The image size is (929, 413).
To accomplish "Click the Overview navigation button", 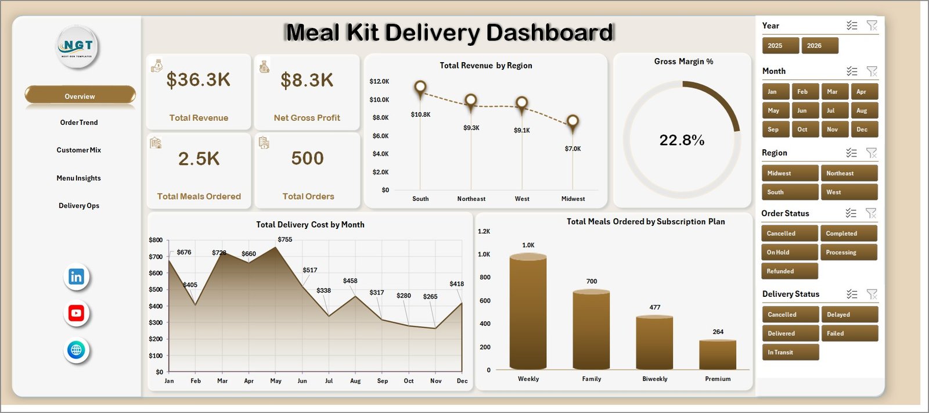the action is [x=80, y=95].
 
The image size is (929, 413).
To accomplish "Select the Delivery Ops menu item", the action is [x=79, y=206].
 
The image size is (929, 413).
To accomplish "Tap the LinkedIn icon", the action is [x=76, y=277].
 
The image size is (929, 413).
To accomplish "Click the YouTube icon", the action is [x=76, y=313].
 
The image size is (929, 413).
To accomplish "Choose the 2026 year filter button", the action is [x=819, y=46].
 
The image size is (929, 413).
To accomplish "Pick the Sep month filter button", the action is [x=776, y=129].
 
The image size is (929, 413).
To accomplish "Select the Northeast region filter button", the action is [x=849, y=173].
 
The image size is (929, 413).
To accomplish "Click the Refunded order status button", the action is [x=789, y=271].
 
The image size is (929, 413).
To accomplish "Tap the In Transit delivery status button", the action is [x=790, y=352].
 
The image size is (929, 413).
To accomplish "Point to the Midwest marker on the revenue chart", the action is [x=572, y=123].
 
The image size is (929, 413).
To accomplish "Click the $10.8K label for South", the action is [x=420, y=114].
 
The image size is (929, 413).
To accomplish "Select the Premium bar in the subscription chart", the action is [x=718, y=354].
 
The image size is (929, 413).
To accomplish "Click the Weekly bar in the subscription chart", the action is [x=528, y=311].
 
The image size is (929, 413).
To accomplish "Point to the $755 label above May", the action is [x=285, y=239].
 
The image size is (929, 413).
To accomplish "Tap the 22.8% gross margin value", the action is [x=682, y=141].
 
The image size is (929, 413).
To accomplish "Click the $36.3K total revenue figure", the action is [x=198, y=80].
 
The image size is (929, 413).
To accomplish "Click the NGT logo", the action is [x=77, y=46].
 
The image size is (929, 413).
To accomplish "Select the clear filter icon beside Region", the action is [x=872, y=153].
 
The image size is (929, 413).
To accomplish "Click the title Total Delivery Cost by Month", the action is [x=310, y=225].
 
